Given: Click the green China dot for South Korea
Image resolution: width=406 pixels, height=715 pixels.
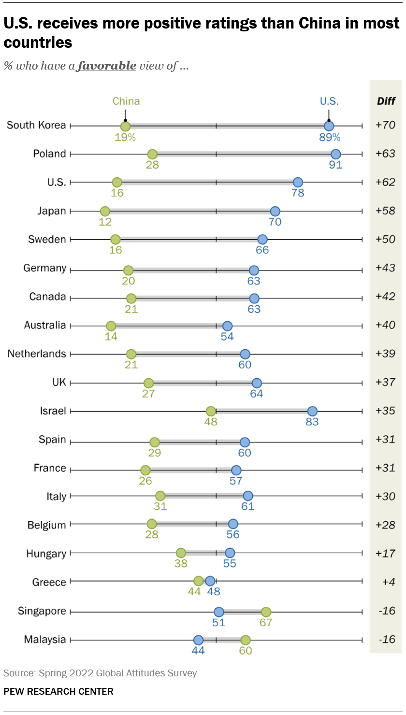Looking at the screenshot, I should pyautogui.click(x=125, y=127).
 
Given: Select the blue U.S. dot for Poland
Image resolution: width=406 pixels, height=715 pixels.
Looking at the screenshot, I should pyautogui.click(x=335, y=155).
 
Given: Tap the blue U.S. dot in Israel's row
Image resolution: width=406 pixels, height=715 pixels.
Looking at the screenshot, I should pyautogui.click(x=312, y=412).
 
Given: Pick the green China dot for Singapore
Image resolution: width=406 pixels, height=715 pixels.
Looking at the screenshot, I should pyautogui.click(x=266, y=612).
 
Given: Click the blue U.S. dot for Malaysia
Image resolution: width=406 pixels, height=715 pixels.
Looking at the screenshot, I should pyautogui.click(x=198, y=640).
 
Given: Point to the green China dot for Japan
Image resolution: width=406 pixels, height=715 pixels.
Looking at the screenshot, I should pyautogui.click(x=105, y=211).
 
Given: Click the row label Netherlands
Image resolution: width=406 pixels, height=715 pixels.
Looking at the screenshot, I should pyautogui.click(x=37, y=354).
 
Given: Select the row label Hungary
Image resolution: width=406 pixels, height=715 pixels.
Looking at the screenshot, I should pyautogui.click(x=46, y=554).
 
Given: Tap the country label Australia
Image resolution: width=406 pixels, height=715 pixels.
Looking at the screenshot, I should pyautogui.click(x=45, y=325).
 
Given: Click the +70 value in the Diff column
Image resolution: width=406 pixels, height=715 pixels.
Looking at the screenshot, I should pyautogui.click(x=385, y=126).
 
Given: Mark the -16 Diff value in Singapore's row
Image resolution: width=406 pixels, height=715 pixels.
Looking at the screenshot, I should pyautogui.click(x=386, y=611).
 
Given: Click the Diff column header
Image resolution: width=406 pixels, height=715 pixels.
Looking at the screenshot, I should pyautogui.click(x=386, y=101).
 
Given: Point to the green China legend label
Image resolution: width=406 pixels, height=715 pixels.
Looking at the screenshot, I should pyautogui.click(x=126, y=101).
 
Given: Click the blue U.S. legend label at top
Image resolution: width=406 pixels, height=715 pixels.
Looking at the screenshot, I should pyautogui.click(x=329, y=101).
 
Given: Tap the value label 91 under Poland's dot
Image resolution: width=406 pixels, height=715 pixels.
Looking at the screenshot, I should pyautogui.click(x=335, y=165).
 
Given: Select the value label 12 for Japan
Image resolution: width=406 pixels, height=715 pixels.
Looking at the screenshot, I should pyautogui.click(x=105, y=222).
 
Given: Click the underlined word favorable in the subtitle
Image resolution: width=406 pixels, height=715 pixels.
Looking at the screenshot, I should pyautogui.click(x=106, y=66).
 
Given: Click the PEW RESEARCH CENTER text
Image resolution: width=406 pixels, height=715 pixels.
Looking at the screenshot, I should pyautogui.click(x=58, y=691).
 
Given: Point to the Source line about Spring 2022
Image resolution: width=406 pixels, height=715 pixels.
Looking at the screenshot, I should pyautogui.click(x=101, y=672).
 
